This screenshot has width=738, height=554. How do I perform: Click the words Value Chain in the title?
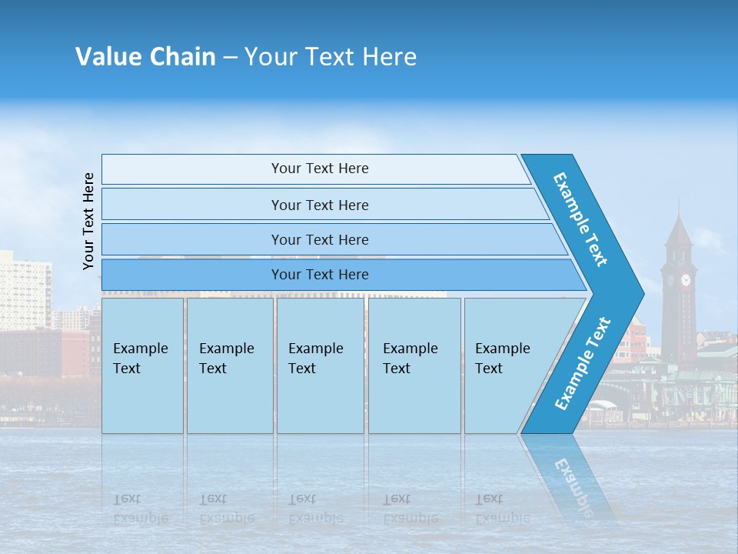point(145,57)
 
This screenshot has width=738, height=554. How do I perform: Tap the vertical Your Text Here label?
point(89,221)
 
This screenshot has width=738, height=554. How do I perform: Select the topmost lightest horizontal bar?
point(315,169)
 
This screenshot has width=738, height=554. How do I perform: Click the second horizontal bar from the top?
point(320,205)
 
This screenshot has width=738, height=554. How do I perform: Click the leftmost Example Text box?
point(142,365)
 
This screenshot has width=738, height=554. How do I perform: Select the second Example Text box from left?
point(229,365)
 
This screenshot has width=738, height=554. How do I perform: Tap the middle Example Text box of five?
point(320,365)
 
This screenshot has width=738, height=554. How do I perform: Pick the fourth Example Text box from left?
point(414,365)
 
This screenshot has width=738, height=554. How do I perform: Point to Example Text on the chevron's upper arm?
point(580,219)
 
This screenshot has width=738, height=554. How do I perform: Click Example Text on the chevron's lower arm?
point(582,364)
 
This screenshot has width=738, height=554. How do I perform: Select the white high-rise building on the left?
point(25,292)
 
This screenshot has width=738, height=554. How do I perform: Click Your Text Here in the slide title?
point(331,57)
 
